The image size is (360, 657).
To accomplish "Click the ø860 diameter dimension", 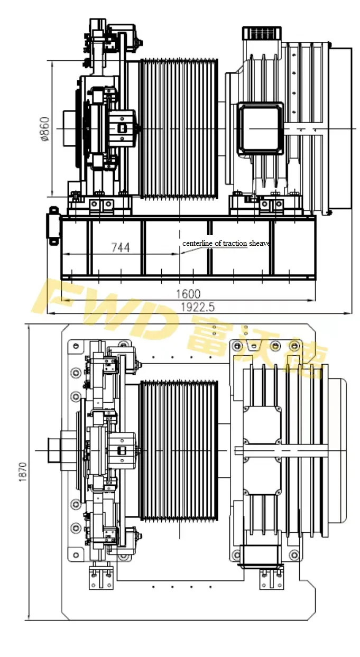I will pos(45,128).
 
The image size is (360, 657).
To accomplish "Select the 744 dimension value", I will pos(120,247).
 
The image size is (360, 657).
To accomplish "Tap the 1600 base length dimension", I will pos(189,294).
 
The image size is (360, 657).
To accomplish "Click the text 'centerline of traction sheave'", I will pos(226,243).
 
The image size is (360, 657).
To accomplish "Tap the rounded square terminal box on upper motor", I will pos(259,128).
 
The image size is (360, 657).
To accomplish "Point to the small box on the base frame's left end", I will pos(53,226).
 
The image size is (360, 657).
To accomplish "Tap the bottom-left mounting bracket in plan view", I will pos(100,577).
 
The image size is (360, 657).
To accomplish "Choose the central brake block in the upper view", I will pos(122,128).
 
